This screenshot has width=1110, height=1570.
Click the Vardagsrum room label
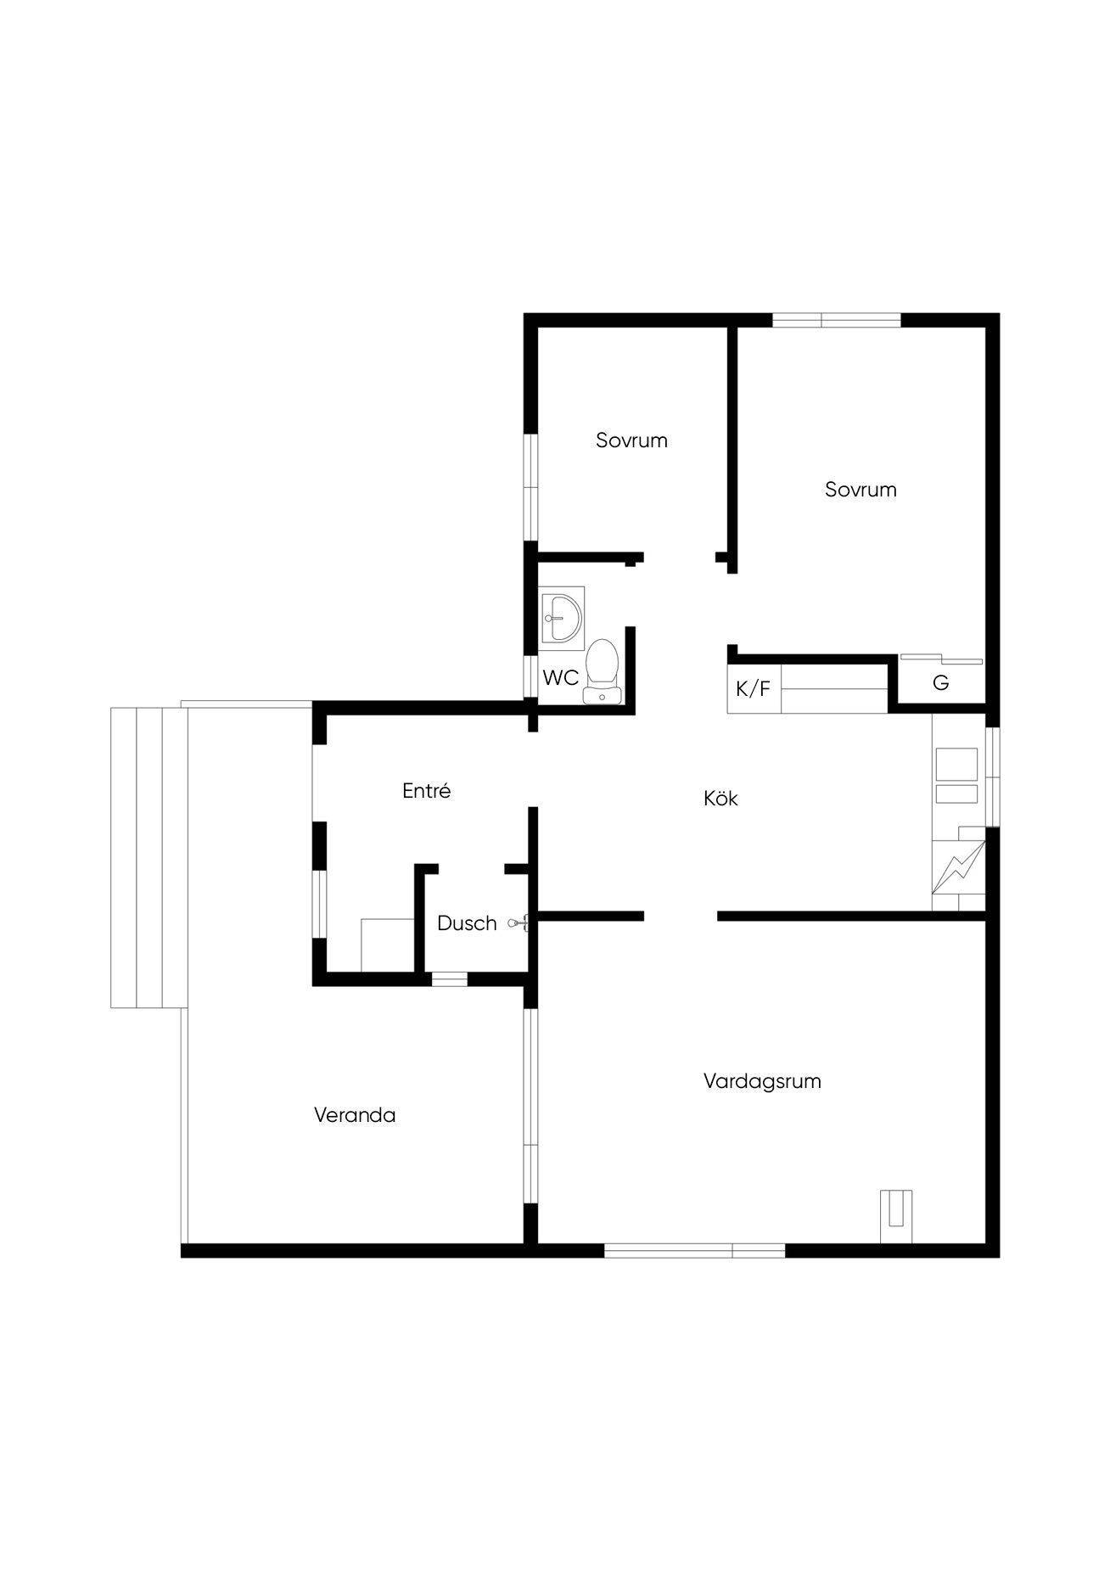coord(762,1082)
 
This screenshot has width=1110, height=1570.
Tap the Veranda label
coord(355,1115)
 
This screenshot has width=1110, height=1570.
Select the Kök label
coord(720,799)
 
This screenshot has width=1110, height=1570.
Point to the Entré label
coord(426,791)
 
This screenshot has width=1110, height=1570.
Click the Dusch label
coord(467,923)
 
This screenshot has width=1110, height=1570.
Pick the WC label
coord(561,678)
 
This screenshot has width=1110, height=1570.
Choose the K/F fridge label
coord(753,689)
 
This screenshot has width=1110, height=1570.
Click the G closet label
coord(940,683)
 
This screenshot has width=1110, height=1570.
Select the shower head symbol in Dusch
coord(519,922)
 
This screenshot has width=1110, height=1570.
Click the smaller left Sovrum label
coord(631,440)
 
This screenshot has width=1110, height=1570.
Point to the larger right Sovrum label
coord(861,490)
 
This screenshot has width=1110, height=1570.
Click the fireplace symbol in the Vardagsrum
coord(896,1217)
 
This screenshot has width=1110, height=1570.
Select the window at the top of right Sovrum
coord(836,320)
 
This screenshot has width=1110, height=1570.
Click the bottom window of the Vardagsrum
coord(694,1250)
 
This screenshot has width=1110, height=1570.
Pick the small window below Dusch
coord(449,979)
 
